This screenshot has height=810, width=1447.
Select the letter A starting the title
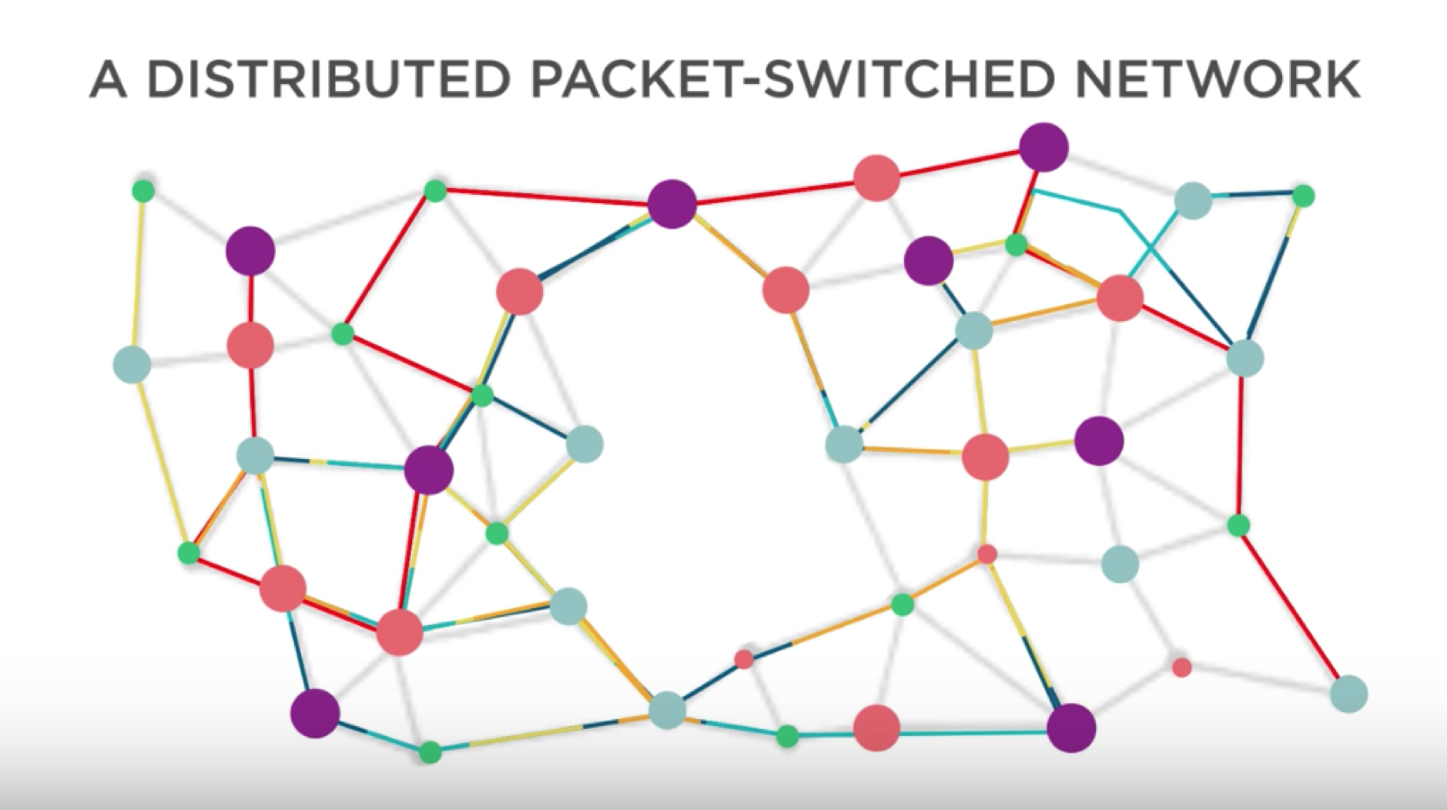tap(108, 79)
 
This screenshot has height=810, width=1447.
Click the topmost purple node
tap(1043, 146)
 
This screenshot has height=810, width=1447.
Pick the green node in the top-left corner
tap(143, 190)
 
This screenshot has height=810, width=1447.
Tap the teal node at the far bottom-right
tap(1348, 694)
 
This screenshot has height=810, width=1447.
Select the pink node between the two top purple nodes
tap(876, 178)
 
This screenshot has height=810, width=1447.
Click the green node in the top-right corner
tap(1303, 196)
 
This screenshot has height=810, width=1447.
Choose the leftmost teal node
tap(132, 364)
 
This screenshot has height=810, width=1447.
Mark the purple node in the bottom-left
tap(315, 713)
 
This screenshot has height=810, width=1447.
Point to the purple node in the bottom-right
tap(1071, 727)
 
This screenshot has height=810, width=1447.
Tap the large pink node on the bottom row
tap(876, 727)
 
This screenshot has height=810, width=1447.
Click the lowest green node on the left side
tap(430, 751)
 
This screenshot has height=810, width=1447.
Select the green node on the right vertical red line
tap(1238, 525)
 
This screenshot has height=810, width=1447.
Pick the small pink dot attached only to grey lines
tap(1181, 667)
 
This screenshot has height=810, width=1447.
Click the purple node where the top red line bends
tap(672, 204)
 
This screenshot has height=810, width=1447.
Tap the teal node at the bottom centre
tap(667, 710)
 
